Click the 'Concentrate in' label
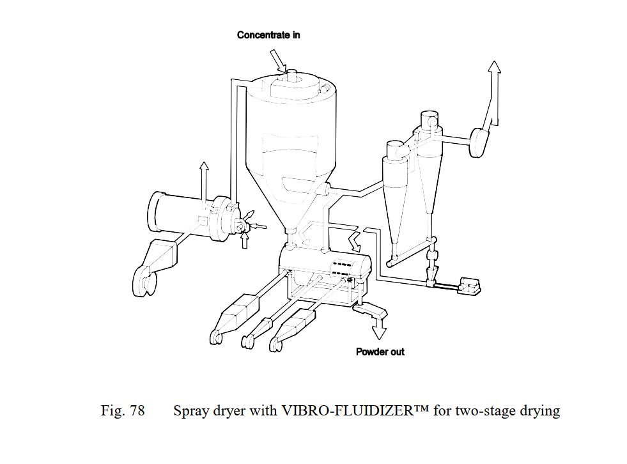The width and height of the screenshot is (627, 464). click(268, 35)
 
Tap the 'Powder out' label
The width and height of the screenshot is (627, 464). click(380, 352)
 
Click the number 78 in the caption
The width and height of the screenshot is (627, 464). click(137, 410)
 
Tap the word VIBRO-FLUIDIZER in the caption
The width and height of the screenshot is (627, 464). click(345, 410)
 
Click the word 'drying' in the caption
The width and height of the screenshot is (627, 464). click(539, 410)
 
